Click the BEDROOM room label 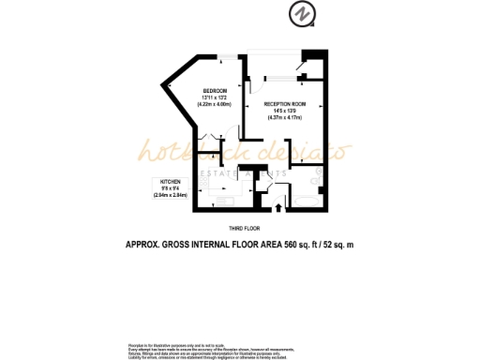click(214, 90)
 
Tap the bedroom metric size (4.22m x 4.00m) click(214, 103)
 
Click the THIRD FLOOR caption click(244, 228)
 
